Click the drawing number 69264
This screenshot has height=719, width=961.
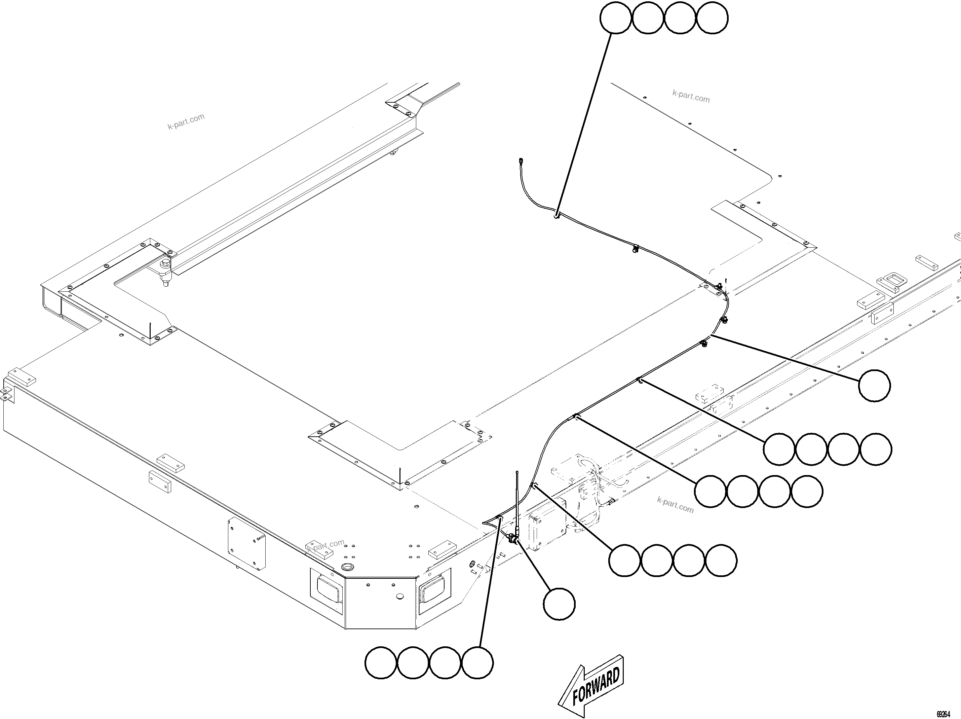[943, 714]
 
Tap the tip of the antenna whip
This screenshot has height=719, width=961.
[517, 472]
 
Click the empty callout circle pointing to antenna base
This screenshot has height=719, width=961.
[559, 604]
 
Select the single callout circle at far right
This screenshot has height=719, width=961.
[875, 386]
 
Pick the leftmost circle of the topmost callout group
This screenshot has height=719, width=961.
[615, 18]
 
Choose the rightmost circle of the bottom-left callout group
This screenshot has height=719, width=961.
[477, 663]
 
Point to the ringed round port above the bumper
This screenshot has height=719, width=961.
[348, 567]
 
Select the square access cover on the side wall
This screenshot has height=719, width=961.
[246, 543]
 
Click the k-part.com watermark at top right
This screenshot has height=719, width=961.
[691, 97]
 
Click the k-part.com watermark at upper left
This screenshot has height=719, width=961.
[186, 122]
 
